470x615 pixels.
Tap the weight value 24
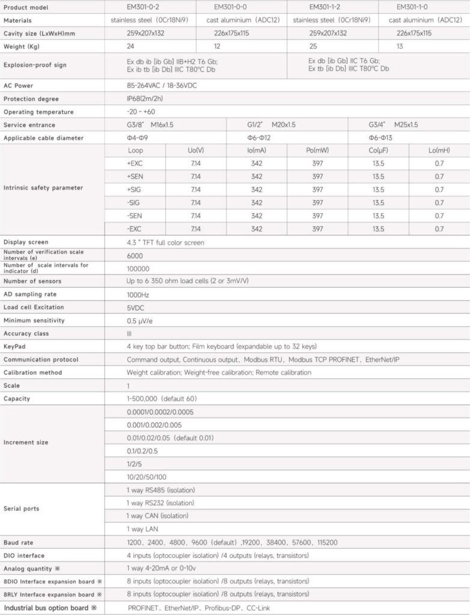click(x=130, y=46)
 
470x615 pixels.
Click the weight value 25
click(x=313, y=46)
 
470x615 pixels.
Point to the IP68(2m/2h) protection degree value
click(x=146, y=98)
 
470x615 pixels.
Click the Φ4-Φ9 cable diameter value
click(x=138, y=138)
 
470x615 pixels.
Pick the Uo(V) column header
click(x=196, y=150)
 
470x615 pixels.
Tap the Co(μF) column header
click(x=378, y=150)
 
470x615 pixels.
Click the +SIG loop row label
click(x=135, y=189)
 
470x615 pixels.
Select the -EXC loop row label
click(x=135, y=229)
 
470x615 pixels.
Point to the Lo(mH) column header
click(x=439, y=150)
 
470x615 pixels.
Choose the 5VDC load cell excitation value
click(x=135, y=307)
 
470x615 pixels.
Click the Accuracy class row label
click(x=26, y=333)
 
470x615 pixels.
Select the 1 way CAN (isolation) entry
click(x=157, y=516)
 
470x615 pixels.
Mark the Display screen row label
click(x=25, y=242)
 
